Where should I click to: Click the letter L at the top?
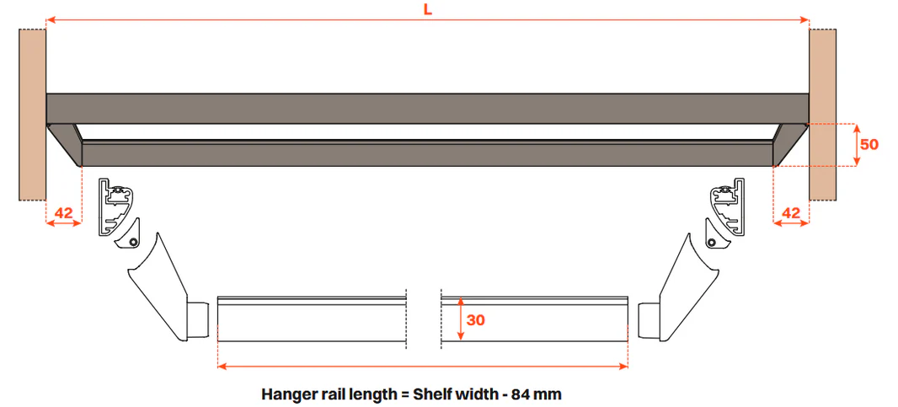click(x=427, y=10)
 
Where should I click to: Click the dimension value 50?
click(x=869, y=144)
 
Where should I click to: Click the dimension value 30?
click(x=475, y=320)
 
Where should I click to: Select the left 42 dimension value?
click(x=63, y=212)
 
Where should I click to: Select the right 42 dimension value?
click(x=791, y=212)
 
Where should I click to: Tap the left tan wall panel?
click(x=33, y=115)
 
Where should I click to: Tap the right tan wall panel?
click(x=822, y=115)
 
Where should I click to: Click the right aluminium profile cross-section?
click(x=728, y=206)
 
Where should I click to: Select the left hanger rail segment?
click(x=313, y=320)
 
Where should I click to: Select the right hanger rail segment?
click(x=534, y=320)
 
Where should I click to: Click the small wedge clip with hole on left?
click(x=128, y=237)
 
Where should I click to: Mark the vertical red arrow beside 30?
click(x=461, y=320)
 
